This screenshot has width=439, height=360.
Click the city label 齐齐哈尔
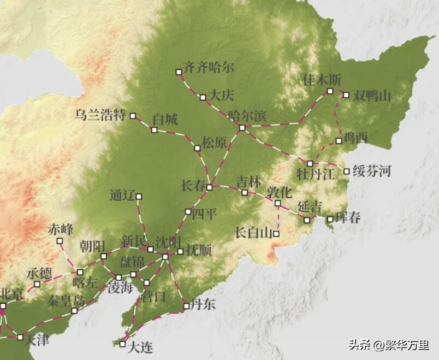[x=209, y=68]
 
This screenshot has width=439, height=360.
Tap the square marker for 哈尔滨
[x=242, y=128]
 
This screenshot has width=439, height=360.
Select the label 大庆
[x=222, y=95]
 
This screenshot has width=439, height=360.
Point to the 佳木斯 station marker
[x=330, y=91]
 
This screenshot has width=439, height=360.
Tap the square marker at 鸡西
[x=339, y=141]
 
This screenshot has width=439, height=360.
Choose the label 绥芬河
[x=372, y=171]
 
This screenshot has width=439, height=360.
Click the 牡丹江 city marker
[x=310, y=163]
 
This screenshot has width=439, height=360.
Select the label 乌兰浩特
[x=100, y=115]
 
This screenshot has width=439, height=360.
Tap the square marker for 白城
[x=155, y=130]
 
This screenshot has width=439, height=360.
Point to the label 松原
[x=214, y=143]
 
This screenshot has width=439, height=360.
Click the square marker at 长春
[x=209, y=187]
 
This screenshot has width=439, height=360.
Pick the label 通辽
[x=121, y=196]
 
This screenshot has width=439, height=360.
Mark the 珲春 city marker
[x=330, y=220]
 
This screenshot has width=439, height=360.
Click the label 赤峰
[x=60, y=229]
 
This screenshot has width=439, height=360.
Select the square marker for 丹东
[x=186, y=306]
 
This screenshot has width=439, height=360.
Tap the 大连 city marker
[x=122, y=344]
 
